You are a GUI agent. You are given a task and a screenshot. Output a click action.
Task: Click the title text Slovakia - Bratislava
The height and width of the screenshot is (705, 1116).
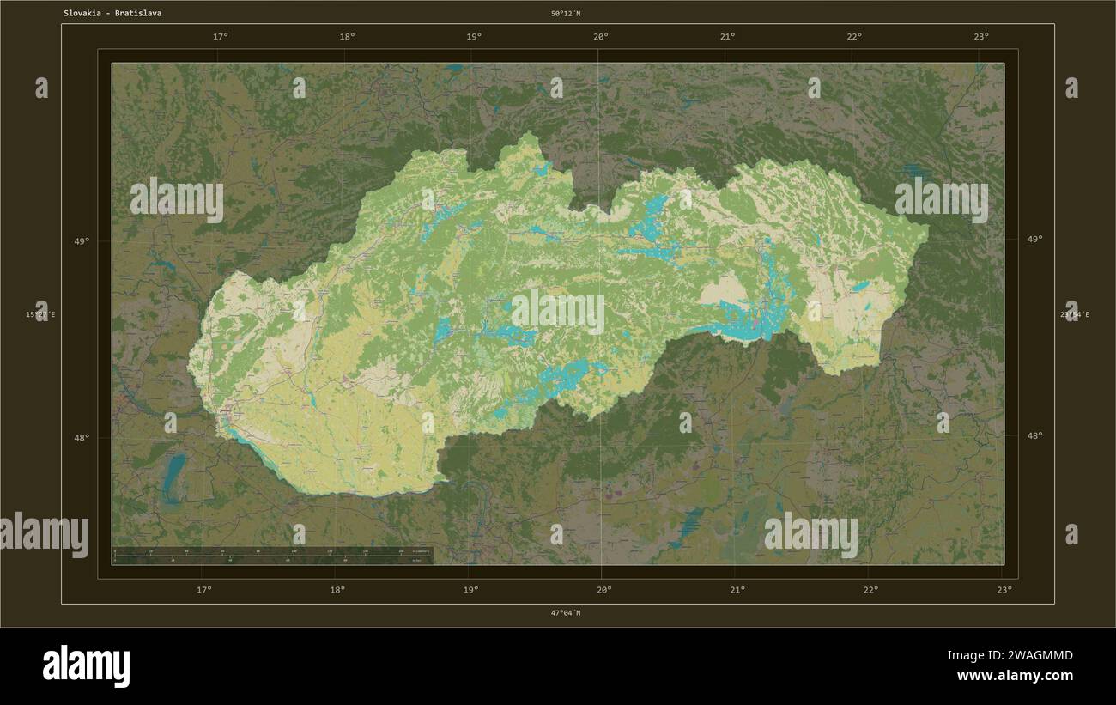112,14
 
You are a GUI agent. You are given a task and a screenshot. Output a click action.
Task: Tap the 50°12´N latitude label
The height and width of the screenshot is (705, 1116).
566,14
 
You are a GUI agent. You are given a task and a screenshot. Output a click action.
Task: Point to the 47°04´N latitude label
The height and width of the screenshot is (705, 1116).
566,612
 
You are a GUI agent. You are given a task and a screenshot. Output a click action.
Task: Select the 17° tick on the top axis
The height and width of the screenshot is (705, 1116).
221,36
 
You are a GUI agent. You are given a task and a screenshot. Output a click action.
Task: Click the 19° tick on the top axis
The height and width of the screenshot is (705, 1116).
474,36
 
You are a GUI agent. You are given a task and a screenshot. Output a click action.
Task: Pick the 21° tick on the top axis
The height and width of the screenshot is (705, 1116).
727,36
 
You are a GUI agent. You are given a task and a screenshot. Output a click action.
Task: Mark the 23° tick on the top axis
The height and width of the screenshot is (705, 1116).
981,36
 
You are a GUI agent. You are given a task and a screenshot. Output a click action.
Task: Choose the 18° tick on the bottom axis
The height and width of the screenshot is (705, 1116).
337,590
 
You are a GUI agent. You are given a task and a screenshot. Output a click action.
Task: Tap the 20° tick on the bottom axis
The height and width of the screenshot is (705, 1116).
604,590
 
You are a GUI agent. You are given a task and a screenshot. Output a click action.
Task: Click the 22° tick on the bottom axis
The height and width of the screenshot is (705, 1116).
870,590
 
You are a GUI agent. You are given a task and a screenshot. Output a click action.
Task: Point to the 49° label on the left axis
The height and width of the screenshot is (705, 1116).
81,241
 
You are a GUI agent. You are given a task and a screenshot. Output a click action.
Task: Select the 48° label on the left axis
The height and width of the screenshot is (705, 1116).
81,437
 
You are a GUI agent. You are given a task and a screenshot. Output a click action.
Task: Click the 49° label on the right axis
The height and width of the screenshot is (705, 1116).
1034,240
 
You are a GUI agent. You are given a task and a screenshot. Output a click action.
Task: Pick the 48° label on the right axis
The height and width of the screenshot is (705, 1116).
1034,435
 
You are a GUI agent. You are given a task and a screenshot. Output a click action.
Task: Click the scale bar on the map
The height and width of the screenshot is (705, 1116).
273,555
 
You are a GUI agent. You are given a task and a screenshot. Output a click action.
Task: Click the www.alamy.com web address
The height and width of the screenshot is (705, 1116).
1015,676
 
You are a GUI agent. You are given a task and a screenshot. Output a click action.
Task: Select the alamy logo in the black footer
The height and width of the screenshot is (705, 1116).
86,666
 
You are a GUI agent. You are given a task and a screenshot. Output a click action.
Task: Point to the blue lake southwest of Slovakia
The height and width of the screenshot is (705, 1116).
174,477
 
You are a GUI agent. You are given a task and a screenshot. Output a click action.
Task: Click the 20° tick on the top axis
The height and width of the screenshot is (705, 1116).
601,36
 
